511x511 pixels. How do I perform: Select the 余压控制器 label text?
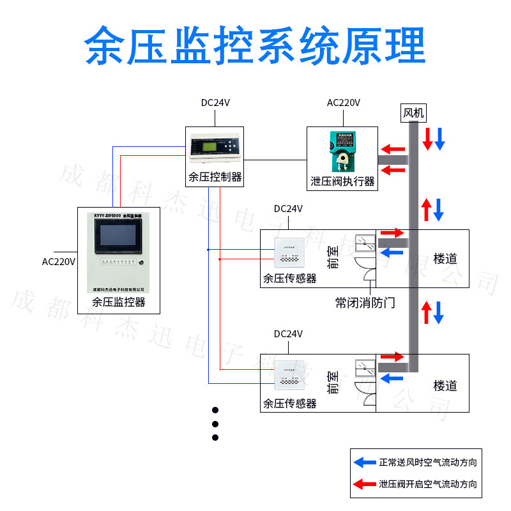point(215,177)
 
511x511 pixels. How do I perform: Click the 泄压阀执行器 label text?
point(342,181)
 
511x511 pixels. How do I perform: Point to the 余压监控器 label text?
point(119,301)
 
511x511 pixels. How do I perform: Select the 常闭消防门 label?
point(365,302)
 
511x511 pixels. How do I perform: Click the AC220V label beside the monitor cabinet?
point(59,261)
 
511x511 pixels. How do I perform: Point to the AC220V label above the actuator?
point(344,102)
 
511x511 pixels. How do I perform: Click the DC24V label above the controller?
point(215,102)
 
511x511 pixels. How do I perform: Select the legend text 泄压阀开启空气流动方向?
point(427,485)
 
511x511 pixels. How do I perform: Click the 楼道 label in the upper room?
point(445,259)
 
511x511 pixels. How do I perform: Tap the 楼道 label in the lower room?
point(445,386)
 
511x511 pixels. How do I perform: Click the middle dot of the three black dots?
point(215,423)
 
